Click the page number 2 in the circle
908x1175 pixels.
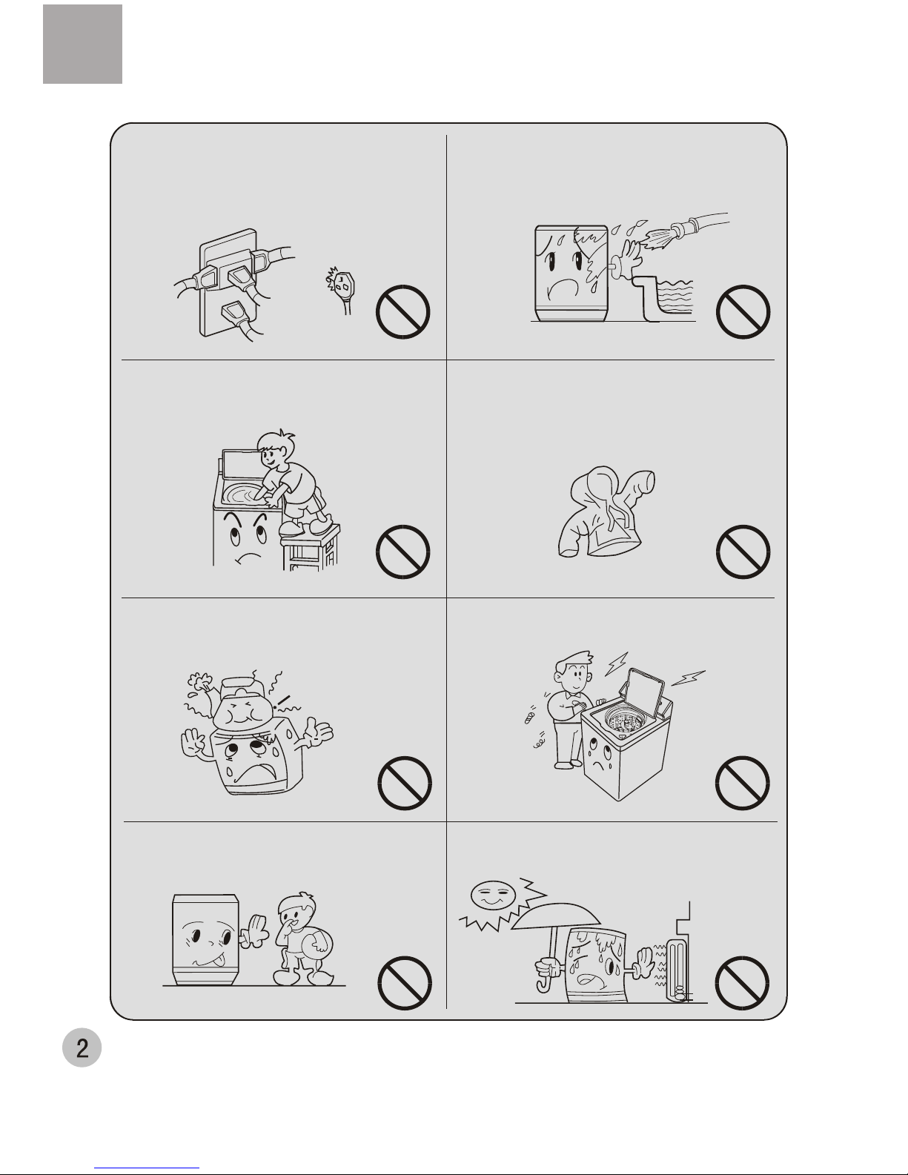tap(82, 1048)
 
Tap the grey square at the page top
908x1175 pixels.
tap(83, 44)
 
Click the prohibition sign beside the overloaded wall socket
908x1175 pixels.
tap(402, 311)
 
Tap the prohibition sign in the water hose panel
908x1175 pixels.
tap(743, 311)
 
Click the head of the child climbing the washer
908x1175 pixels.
tap(276, 450)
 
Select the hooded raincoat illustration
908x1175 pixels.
tap(606, 512)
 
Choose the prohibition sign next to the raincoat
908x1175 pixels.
tap(743, 552)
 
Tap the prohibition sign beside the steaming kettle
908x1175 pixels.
tap(404, 782)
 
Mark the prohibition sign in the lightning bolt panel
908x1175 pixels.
tap(742, 782)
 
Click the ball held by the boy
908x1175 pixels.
tap(318, 944)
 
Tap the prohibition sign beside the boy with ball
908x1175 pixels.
tap(404, 982)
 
